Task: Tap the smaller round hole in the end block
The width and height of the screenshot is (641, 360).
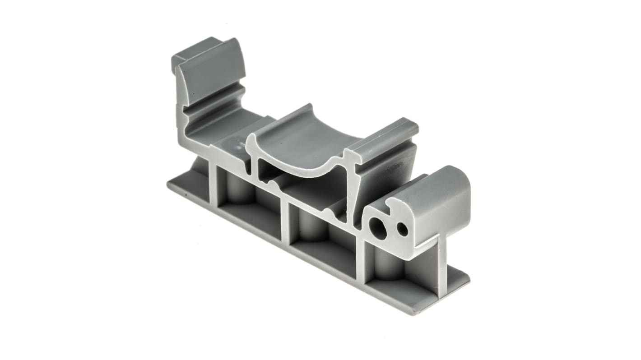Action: [x=402, y=230]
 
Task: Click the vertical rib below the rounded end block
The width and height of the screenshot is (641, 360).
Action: [x=442, y=266]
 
